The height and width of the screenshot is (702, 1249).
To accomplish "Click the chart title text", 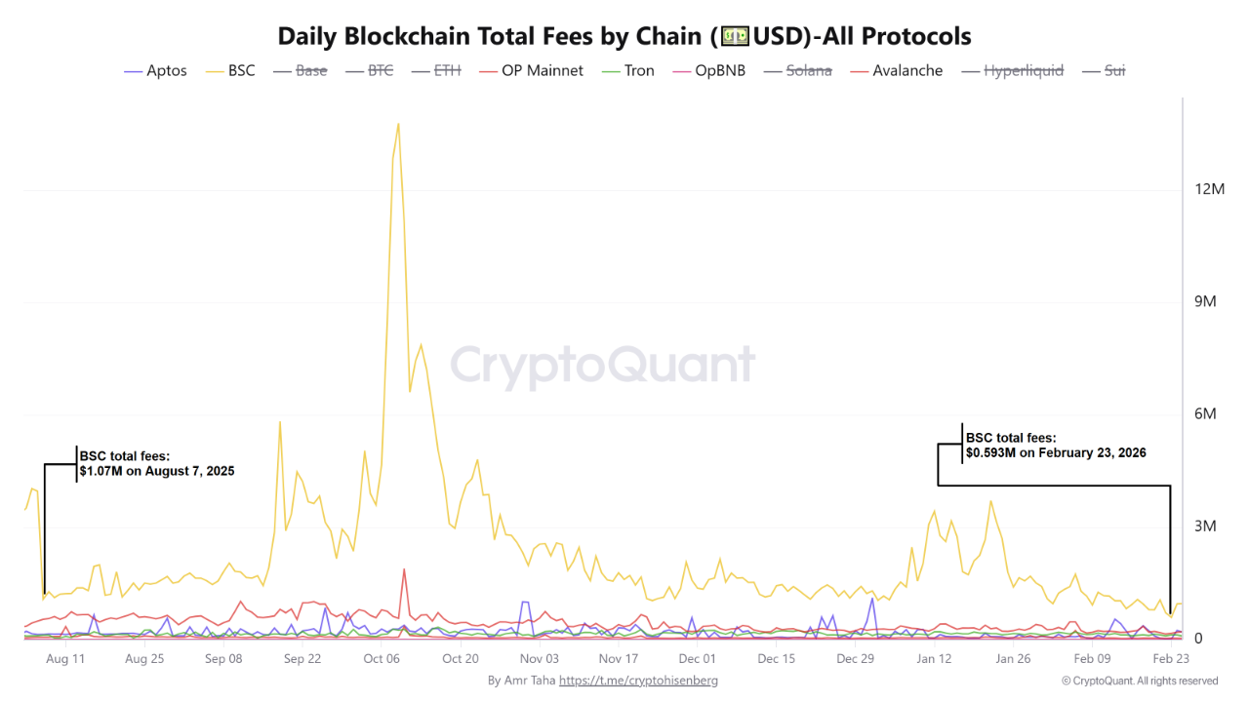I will [624, 36].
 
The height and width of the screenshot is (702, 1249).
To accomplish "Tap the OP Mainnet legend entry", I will [542, 71].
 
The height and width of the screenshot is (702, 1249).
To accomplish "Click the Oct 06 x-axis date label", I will [382, 659].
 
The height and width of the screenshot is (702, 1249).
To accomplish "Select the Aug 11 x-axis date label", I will [65, 659].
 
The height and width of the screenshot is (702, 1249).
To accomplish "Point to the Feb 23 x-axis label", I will [1171, 659].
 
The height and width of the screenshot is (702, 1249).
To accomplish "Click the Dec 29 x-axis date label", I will [855, 659].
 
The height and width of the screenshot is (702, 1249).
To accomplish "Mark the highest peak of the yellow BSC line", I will [397, 124].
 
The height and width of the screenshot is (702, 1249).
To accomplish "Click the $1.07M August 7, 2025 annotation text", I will [156, 463].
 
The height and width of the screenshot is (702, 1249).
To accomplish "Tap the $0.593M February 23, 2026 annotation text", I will [1055, 446].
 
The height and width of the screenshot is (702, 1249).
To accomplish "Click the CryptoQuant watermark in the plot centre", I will [602, 366].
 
